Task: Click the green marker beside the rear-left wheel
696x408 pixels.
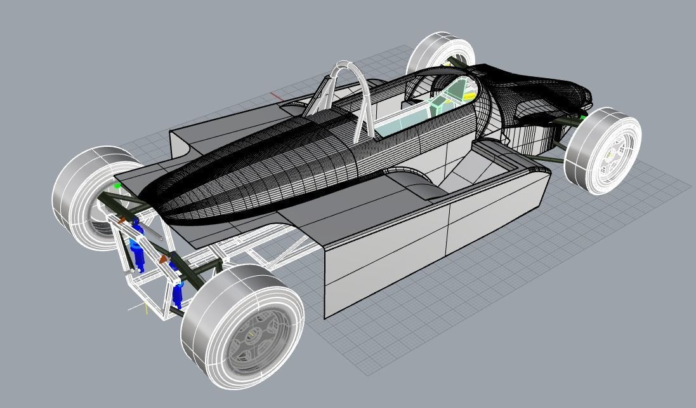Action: pos(117,186)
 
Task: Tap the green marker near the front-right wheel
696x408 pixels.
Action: pos(582,118)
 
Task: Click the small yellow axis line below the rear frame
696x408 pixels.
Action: pos(146,309)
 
